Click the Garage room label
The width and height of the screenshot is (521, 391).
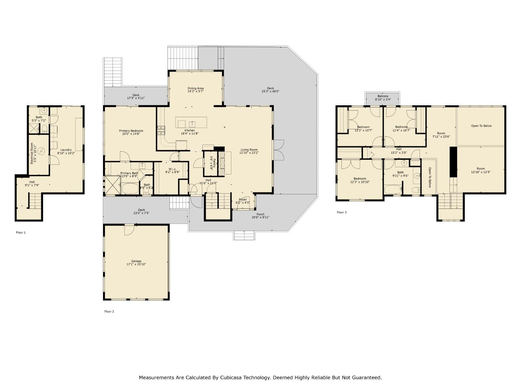(136, 261)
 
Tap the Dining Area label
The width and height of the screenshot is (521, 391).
(196, 88)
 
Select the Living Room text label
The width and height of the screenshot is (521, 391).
(249, 150)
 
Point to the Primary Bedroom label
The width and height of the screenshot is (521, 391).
(131, 131)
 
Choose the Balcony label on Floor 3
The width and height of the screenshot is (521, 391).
(383, 96)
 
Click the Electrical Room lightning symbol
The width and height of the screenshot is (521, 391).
(41, 151)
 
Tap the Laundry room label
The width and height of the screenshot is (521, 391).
(66, 150)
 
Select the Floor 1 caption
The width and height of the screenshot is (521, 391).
(21, 233)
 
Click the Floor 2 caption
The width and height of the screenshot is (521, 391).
(109, 311)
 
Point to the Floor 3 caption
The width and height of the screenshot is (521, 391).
(341, 212)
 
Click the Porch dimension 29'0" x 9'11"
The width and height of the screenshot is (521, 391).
(260, 218)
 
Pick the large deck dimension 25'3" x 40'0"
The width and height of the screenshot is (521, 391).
(270, 91)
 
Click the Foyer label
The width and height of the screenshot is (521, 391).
(243, 199)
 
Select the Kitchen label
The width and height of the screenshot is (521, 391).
(190, 130)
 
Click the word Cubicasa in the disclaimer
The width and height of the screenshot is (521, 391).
(232, 377)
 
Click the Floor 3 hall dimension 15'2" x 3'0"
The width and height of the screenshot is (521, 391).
(399, 153)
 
